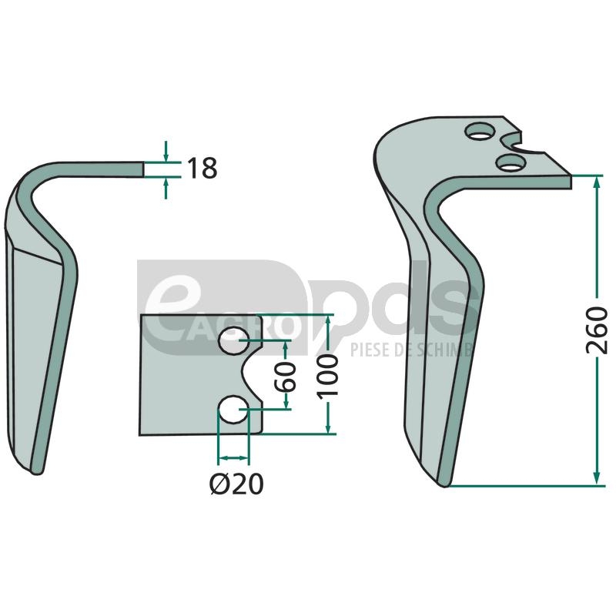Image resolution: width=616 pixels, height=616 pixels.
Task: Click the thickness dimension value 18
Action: pyautogui.click(x=202, y=168)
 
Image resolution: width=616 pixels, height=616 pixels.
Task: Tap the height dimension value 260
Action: pyautogui.click(x=596, y=330)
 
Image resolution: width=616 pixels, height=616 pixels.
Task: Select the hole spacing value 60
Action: pyautogui.click(x=286, y=377)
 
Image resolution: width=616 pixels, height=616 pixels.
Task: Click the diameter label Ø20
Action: pyautogui.click(x=236, y=484)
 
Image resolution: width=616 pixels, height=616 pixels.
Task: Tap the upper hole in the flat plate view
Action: pyautogui.click(x=233, y=340)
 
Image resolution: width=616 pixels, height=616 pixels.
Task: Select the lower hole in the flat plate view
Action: pyautogui.click(x=233, y=410)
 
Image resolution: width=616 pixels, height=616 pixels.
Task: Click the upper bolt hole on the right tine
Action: pyautogui.click(x=479, y=131)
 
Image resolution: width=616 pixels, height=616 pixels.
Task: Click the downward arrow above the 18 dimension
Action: pyautogui.click(x=166, y=151)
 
